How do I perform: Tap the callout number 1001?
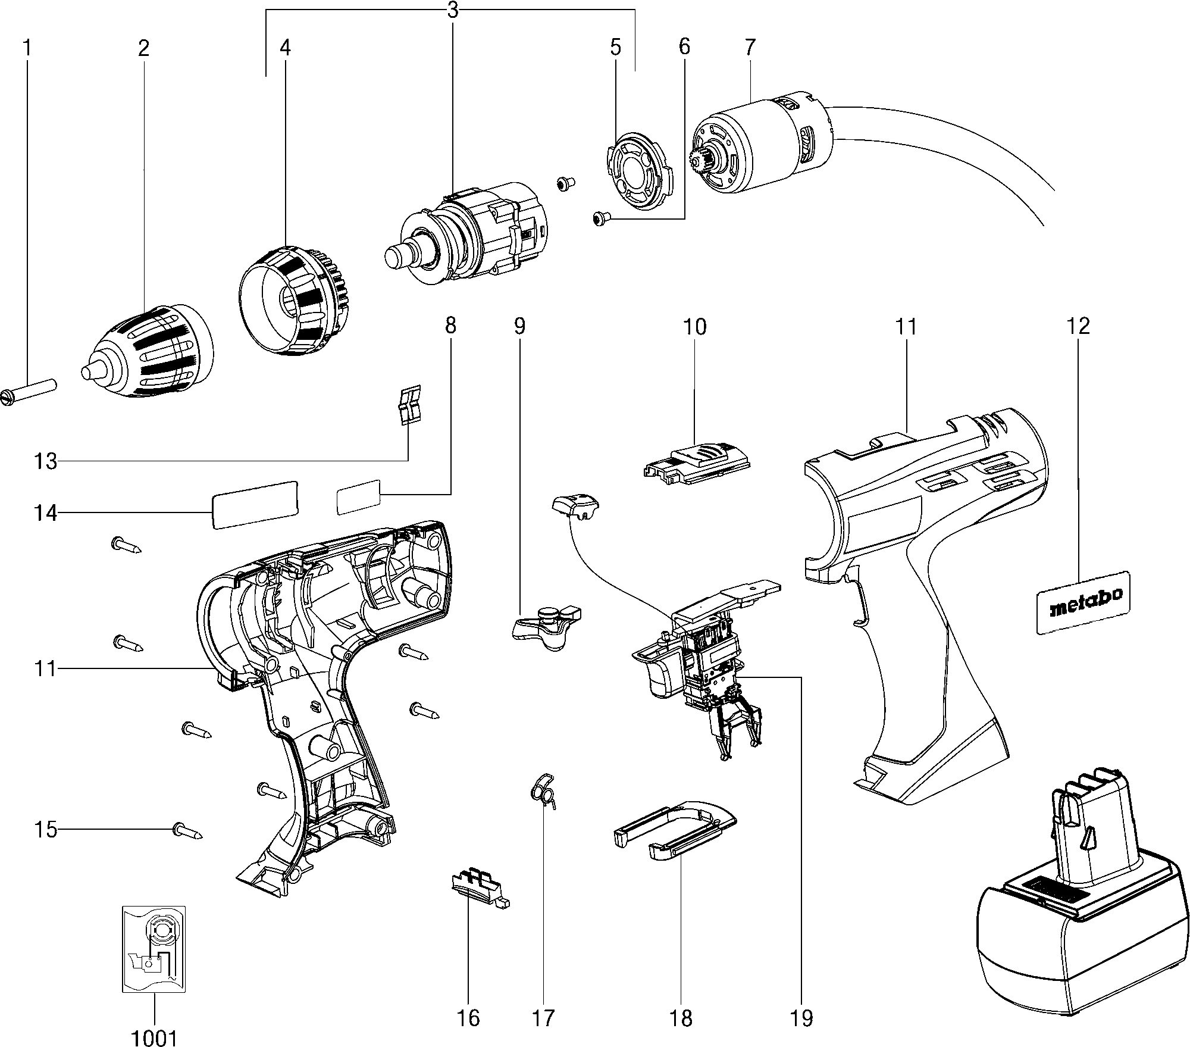[154, 1037]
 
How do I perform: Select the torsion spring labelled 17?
[543, 790]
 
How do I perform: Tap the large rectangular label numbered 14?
[255, 504]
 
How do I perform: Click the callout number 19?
[801, 1018]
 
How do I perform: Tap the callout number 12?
[1078, 326]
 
